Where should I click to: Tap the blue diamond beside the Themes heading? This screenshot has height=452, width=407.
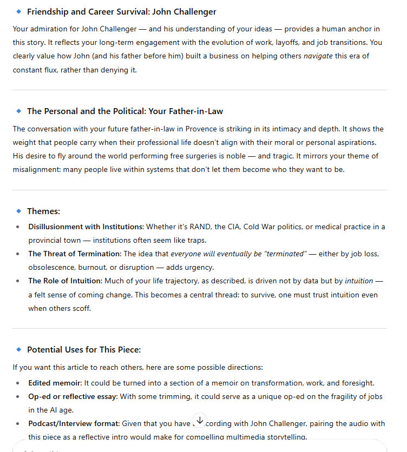[19, 211]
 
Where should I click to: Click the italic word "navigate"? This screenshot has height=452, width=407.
[318, 56]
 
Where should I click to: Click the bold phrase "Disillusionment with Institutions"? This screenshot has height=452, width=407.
[86, 227]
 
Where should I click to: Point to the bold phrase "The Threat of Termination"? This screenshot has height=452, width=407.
[75, 253]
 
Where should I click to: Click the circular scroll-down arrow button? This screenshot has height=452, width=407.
[200, 420]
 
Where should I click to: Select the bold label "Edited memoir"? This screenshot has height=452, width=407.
[55, 383]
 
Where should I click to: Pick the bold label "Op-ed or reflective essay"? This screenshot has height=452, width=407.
[73, 396]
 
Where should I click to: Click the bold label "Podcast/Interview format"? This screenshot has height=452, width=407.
[73, 423]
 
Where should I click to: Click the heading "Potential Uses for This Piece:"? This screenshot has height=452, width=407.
[84, 350]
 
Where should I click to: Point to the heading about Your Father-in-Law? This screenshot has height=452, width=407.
[125, 111]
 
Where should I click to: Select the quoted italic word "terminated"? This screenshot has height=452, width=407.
[283, 253]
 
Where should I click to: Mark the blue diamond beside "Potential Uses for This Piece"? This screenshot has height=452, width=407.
[19, 350]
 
